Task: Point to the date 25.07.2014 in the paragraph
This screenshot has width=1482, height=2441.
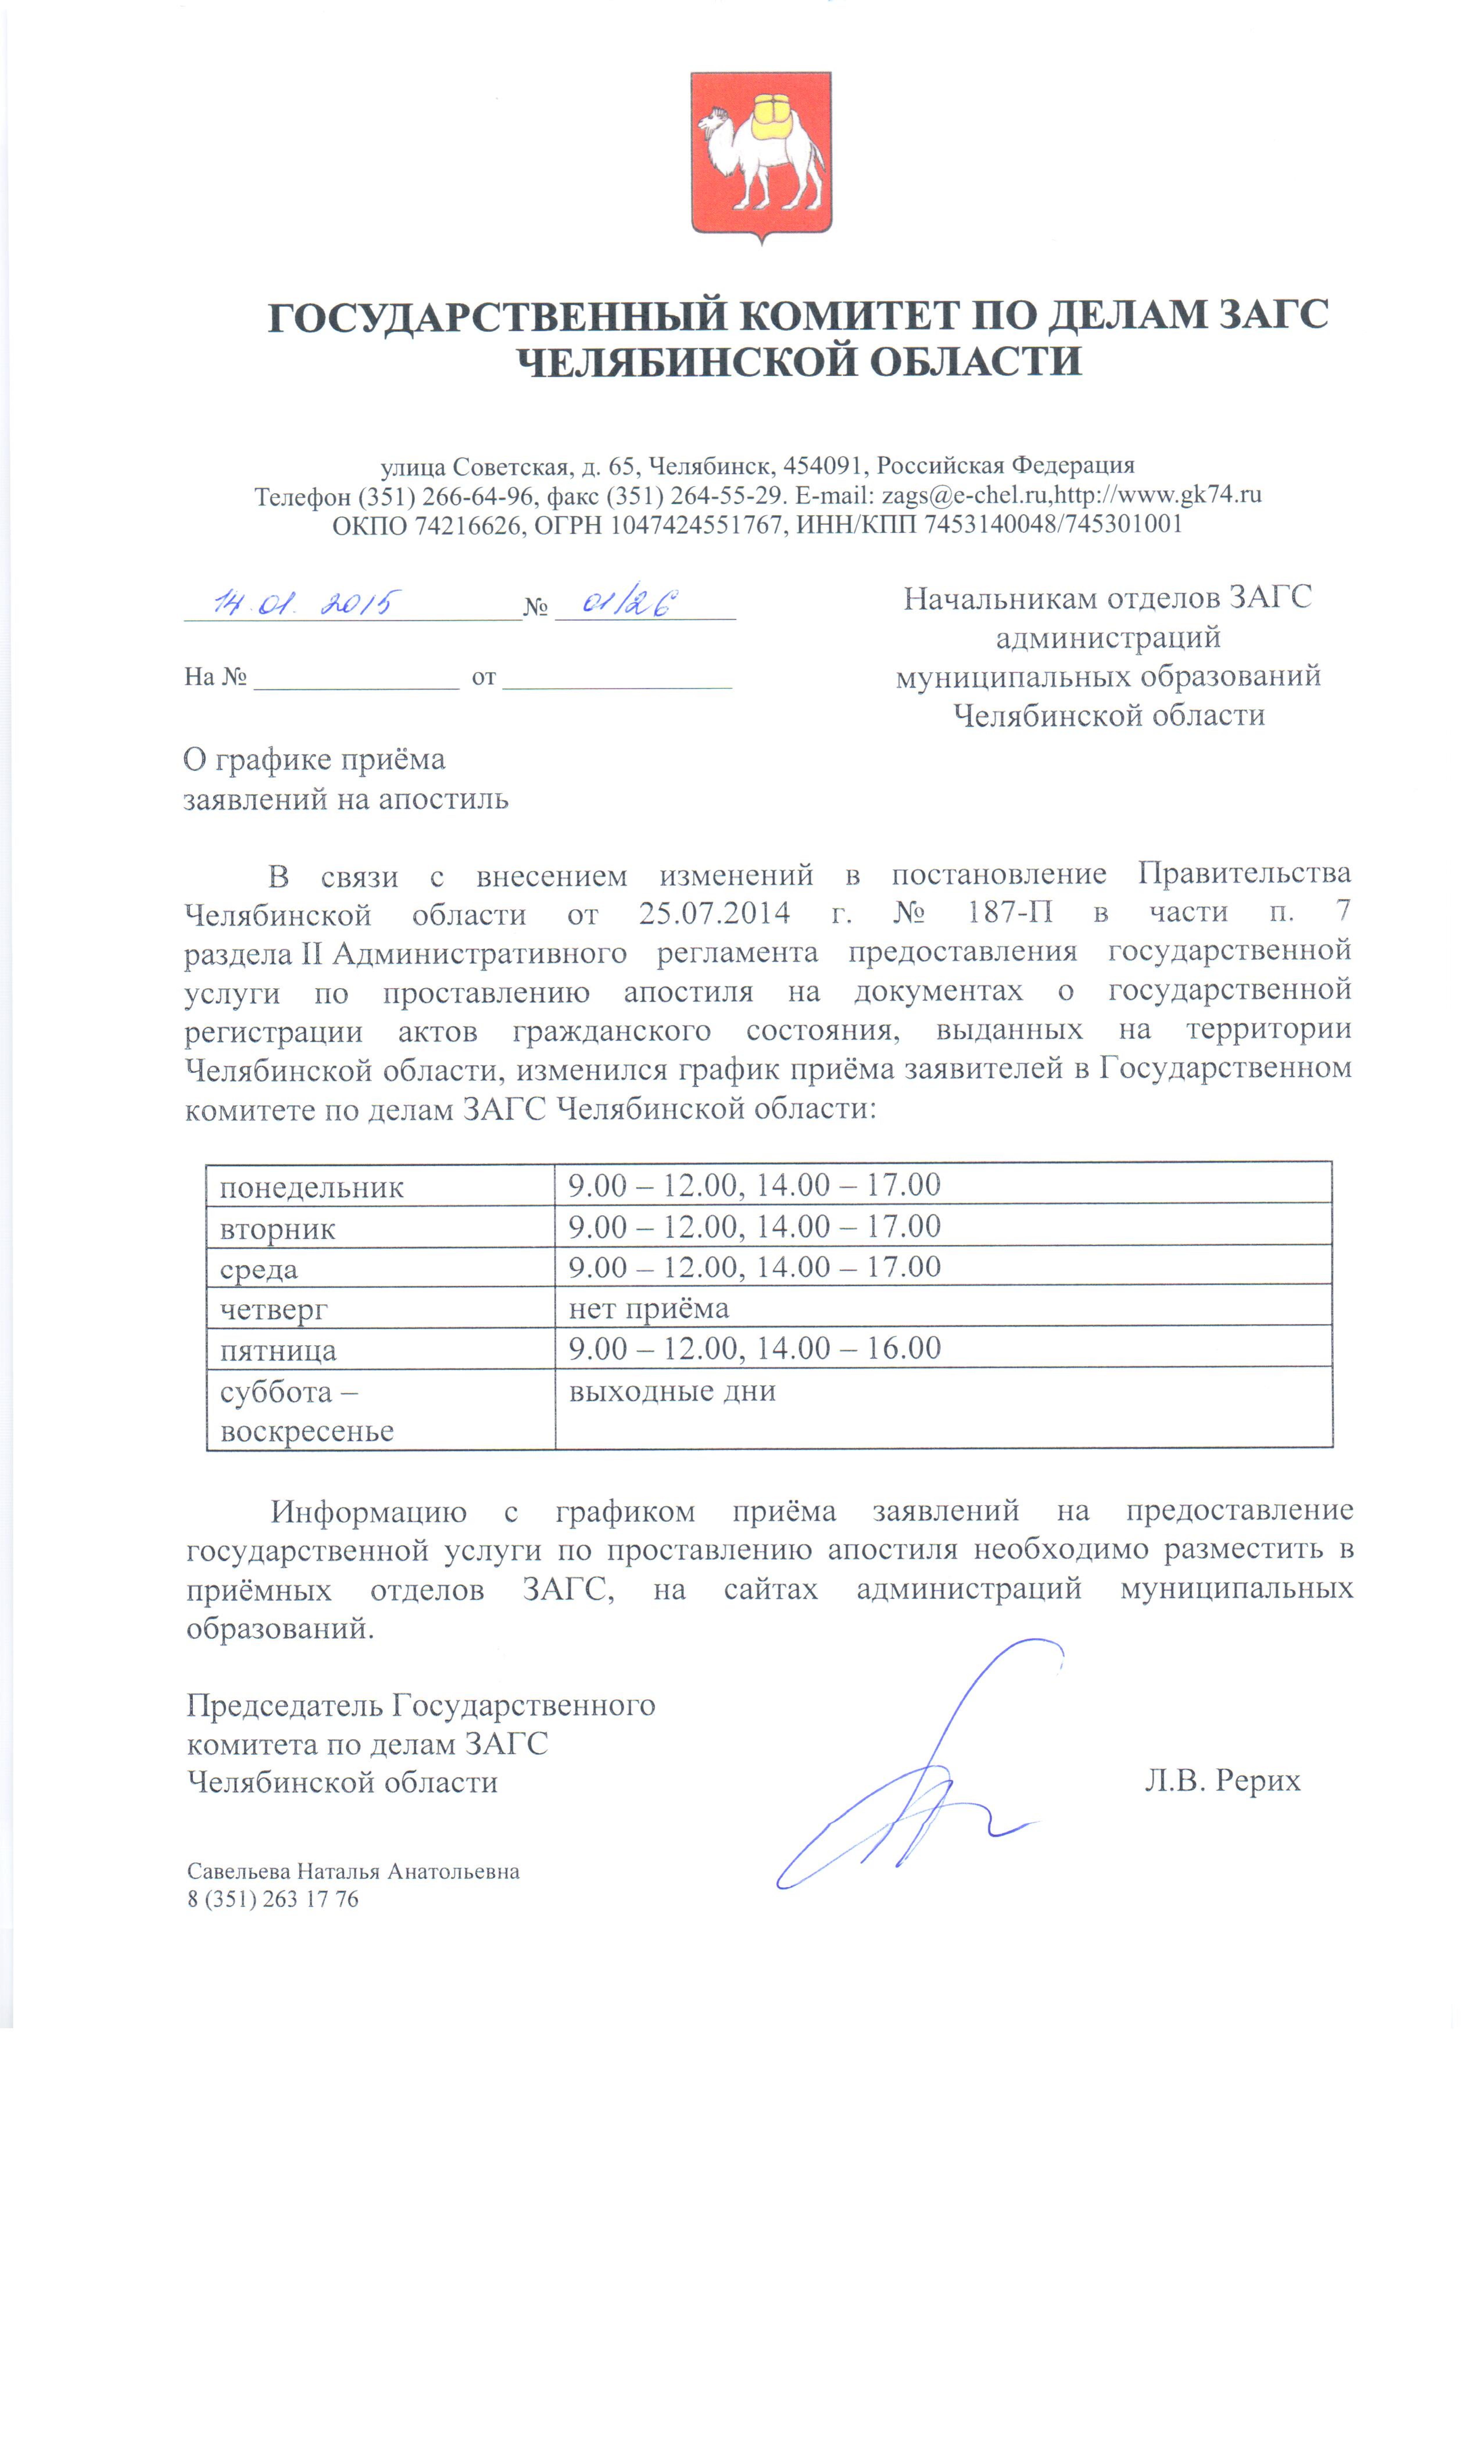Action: tap(713, 912)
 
